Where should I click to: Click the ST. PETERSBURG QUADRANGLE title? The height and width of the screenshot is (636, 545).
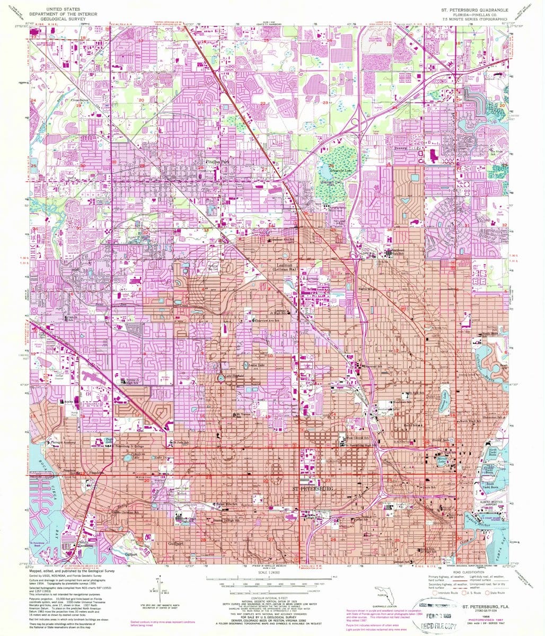[474, 10]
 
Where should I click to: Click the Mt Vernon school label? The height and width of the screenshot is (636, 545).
[242, 414]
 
